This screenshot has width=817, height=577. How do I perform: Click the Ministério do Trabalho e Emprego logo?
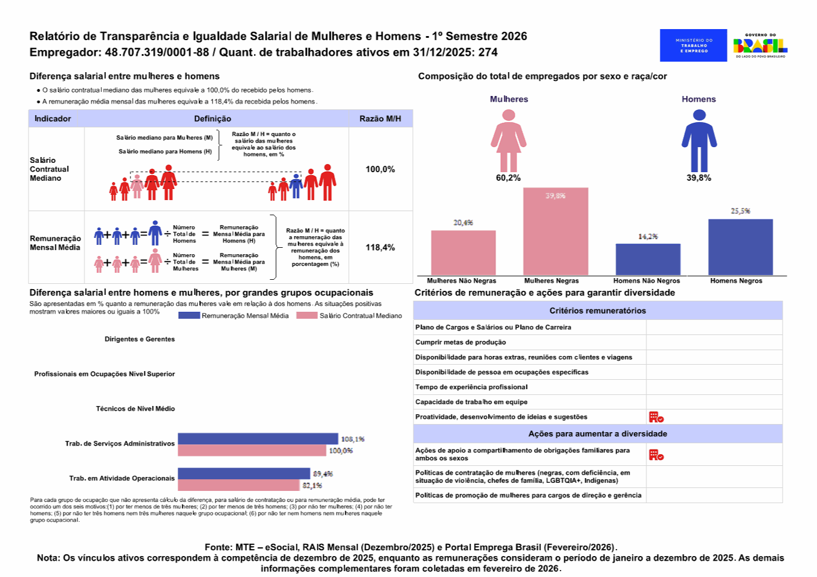pos(693,45)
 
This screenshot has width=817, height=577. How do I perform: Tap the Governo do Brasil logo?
pos(760,45)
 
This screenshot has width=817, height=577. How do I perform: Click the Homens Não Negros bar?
pos(648,259)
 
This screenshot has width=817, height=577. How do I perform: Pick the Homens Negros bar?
pos(740,247)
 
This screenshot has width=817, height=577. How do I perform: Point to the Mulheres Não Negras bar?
pos(463,253)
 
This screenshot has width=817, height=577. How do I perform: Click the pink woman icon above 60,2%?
pos(508,140)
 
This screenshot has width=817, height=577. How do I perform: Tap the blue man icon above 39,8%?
pos(699,140)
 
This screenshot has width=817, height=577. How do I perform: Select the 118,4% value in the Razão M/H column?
pos(380,247)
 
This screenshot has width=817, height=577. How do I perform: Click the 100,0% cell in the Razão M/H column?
pos(380,169)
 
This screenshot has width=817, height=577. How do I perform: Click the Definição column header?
pos(213,119)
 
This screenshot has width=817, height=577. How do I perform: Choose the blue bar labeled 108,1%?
pos(257,439)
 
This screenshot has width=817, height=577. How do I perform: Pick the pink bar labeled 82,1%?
pos(238,485)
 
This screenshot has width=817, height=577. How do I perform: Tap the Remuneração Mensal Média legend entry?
pos(234,316)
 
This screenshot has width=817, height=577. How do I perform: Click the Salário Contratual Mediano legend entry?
pos(349,316)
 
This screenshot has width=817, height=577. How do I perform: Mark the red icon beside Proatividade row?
pos(656,417)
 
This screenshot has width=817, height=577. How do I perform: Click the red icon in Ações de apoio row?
pos(656,455)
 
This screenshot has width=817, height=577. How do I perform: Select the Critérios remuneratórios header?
pos(597,311)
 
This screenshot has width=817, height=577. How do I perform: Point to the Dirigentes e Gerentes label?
pos(140,339)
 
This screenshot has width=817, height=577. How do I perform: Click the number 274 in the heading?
pos(488,52)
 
